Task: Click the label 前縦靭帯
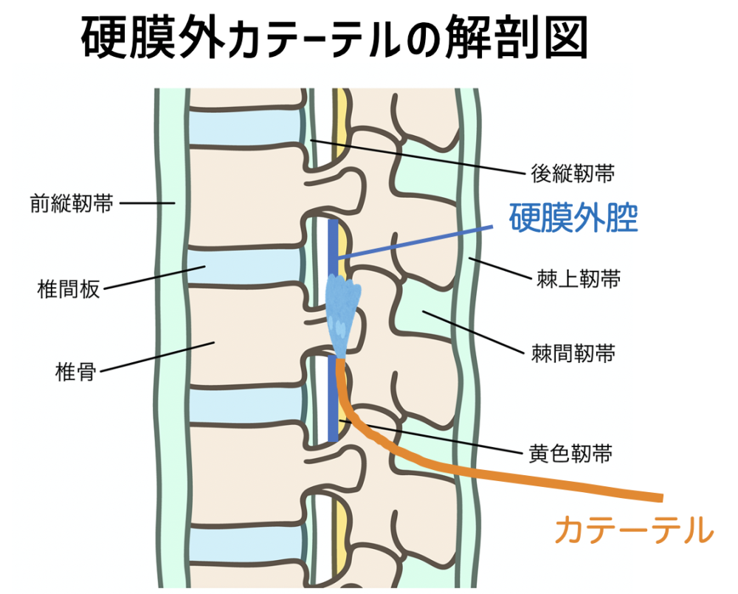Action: tap(72, 203)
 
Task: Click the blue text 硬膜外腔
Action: tap(573, 218)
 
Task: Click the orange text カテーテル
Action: tap(634, 530)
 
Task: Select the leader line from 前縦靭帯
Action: tap(145, 203)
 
